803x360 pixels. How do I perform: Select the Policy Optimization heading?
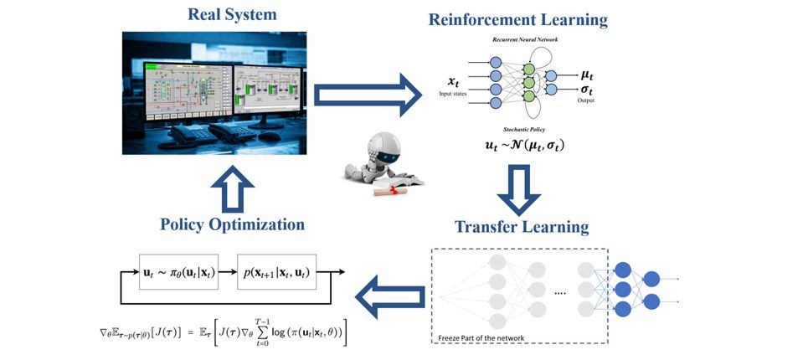[232, 224]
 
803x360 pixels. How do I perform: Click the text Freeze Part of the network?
[482, 338]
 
